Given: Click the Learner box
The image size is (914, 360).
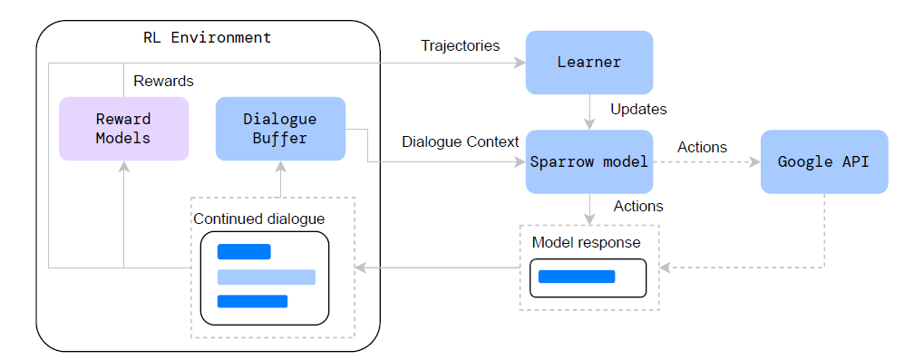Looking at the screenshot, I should coord(589,63).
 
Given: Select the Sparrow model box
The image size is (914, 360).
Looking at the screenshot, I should coord(589,162).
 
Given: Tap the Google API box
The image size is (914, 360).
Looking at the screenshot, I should coord(823,162).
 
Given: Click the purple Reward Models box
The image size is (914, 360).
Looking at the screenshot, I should coord(123,129).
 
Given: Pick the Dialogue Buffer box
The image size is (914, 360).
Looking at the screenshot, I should coord(280,129).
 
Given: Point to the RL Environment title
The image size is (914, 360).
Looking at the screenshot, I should coord(207,38).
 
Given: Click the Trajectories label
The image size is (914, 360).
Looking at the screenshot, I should coord(460,45).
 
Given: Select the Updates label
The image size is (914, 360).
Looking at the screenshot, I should coord(638,110).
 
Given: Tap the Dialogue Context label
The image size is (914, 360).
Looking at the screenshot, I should coord(460,142).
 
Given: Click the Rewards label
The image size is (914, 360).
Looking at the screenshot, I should coord(163,82).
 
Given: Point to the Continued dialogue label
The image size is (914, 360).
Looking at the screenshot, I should coord(258,219).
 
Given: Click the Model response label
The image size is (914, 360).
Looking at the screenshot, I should coord(586,242).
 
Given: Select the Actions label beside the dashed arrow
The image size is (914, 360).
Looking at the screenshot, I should coord(702,147).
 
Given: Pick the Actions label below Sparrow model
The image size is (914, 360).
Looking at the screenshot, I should coord(638,206).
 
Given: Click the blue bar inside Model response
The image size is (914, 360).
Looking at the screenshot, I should coord(577,277).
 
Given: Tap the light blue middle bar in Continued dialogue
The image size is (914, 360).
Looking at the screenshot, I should coord(266,277).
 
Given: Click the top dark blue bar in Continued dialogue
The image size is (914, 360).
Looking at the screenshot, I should coord(244,252).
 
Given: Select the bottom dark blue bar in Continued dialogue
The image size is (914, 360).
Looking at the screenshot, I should coord(252,301).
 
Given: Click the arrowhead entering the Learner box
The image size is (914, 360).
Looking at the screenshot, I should coord(520,63).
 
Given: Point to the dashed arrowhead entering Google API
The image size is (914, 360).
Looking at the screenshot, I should coord(754,162).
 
